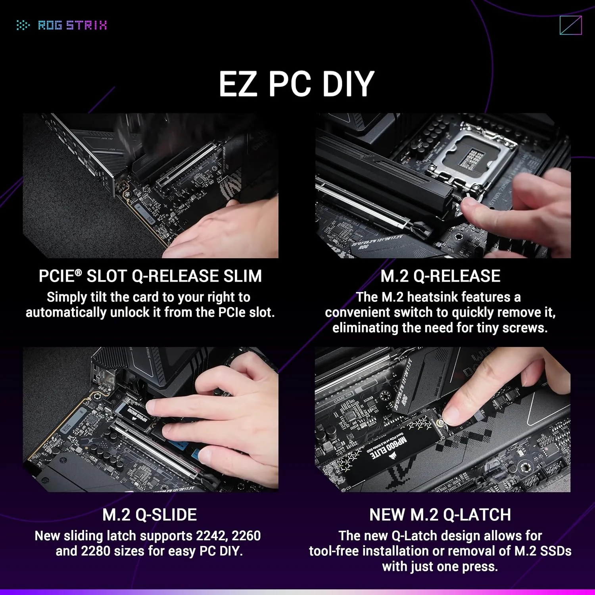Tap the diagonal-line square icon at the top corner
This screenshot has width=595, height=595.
(x=570, y=25)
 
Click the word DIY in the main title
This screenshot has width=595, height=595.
(x=348, y=84)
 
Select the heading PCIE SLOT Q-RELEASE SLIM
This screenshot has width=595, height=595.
(x=150, y=276)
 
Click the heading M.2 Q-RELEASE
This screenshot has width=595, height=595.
(x=440, y=276)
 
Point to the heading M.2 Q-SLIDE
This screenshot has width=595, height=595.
(x=150, y=515)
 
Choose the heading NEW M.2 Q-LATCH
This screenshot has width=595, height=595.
(x=440, y=515)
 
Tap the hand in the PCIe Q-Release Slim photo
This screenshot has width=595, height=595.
(x=222, y=230)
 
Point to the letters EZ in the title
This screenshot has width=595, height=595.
(x=238, y=84)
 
